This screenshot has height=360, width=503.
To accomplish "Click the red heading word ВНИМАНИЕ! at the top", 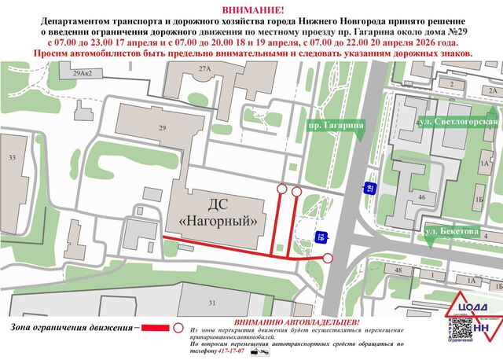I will (251, 8).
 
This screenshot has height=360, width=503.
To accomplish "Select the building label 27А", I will (205, 69).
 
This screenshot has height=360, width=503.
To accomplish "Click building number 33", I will (11, 158).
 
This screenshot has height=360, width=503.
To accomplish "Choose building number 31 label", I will (211, 303).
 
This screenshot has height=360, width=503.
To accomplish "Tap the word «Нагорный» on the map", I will (221, 222).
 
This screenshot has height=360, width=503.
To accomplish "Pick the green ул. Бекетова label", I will (451, 232).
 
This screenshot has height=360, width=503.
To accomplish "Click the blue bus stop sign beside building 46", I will (368, 187).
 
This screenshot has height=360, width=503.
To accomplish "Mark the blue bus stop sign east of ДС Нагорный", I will (321, 236).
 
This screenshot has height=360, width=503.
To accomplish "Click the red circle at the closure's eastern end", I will (328, 257).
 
